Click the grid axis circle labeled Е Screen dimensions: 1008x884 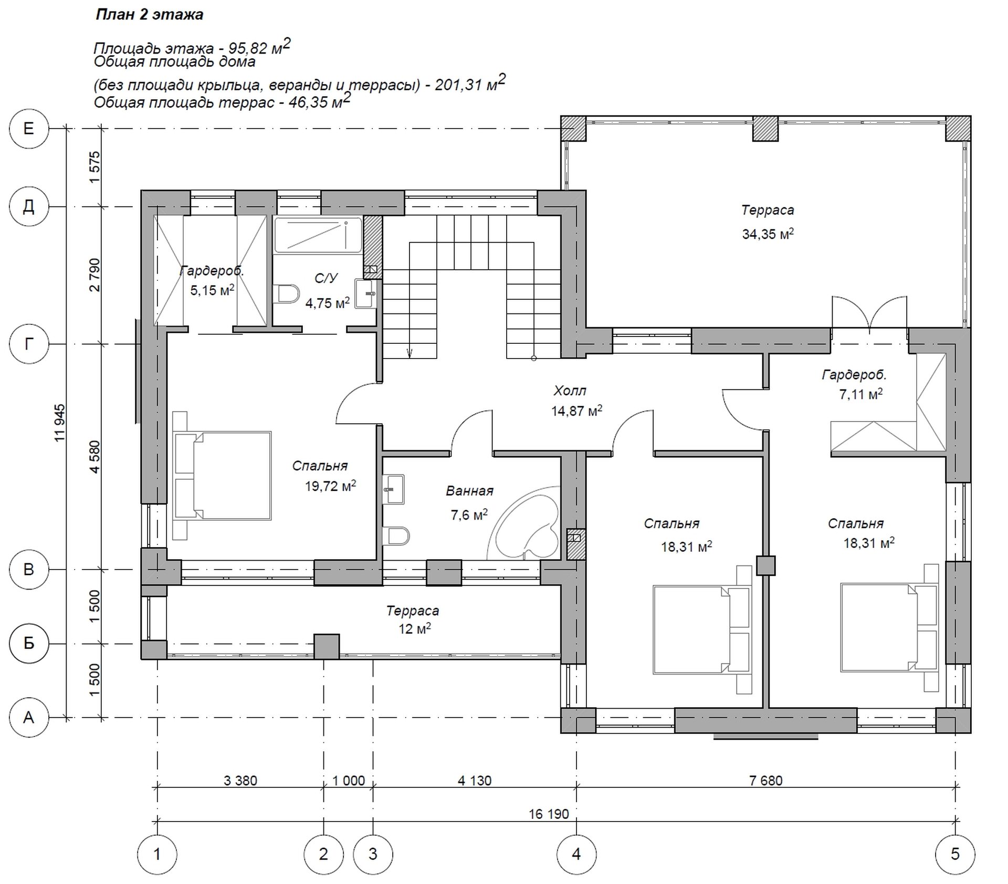29,129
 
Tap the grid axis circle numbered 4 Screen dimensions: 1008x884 576,854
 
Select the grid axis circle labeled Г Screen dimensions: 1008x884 29,344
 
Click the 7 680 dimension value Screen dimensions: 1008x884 766,781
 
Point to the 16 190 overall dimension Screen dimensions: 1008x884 549,814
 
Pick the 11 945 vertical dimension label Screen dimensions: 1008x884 60,422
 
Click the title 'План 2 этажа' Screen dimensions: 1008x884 149,15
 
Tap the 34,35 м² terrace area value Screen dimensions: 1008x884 768,234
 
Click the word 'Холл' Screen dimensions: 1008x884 570,391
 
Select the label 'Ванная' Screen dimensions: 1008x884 469,491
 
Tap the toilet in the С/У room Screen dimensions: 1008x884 286,293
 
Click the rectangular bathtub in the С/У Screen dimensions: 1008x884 318,235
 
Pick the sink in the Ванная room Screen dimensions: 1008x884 393,489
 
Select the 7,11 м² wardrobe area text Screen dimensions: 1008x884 860,394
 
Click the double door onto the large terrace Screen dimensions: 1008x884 869,314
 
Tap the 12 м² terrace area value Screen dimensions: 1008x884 414,628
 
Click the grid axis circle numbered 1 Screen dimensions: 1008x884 157,854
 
